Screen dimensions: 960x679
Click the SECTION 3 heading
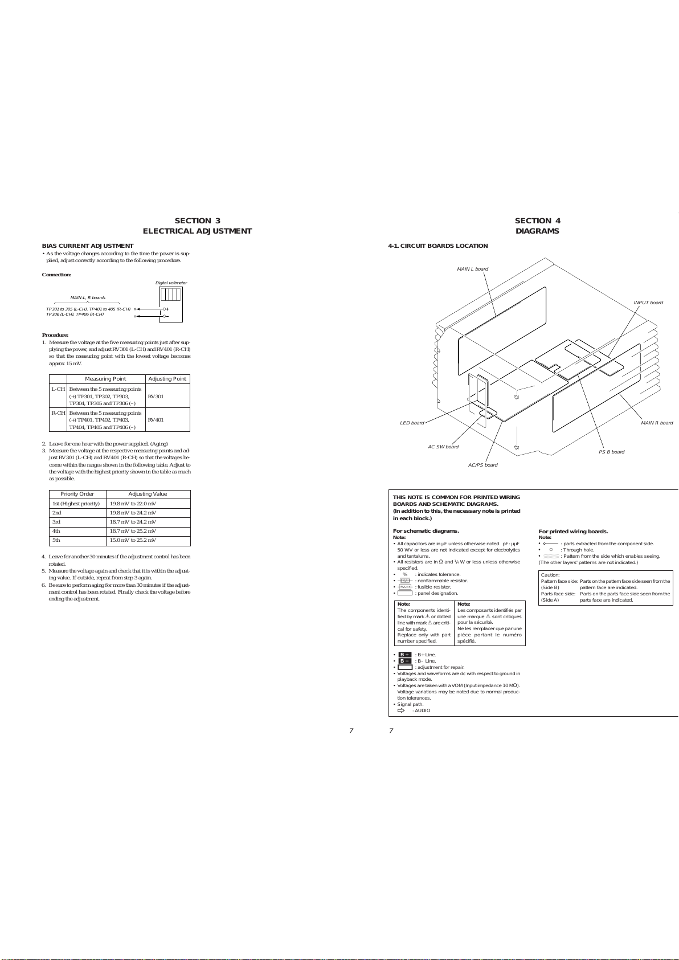click(197, 221)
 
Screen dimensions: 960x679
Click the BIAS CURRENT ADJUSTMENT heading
click(88, 246)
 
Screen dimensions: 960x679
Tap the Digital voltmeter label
click(171, 283)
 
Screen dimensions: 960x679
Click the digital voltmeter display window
click(170, 295)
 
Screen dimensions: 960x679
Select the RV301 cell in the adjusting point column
click(156, 397)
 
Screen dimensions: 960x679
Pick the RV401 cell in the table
click(156, 420)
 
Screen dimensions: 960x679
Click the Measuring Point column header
click(105, 379)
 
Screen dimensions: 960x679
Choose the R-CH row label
click(58, 413)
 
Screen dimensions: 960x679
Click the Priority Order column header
click(77, 494)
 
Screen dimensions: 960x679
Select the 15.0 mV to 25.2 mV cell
click(133, 540)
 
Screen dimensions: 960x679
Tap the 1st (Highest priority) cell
click(76, 504)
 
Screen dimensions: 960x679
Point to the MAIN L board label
click(472, 269)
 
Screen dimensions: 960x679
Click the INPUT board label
click(648, 303)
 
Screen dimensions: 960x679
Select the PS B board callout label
click(611, 452)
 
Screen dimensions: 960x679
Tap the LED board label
click(412, 423)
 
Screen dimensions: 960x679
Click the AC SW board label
click(443, 447)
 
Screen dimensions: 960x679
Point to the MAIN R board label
click(657, 423)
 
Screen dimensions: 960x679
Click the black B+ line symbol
click(404, 655)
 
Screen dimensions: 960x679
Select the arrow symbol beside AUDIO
click(400, 710)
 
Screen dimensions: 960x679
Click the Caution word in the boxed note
click(550, 575)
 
